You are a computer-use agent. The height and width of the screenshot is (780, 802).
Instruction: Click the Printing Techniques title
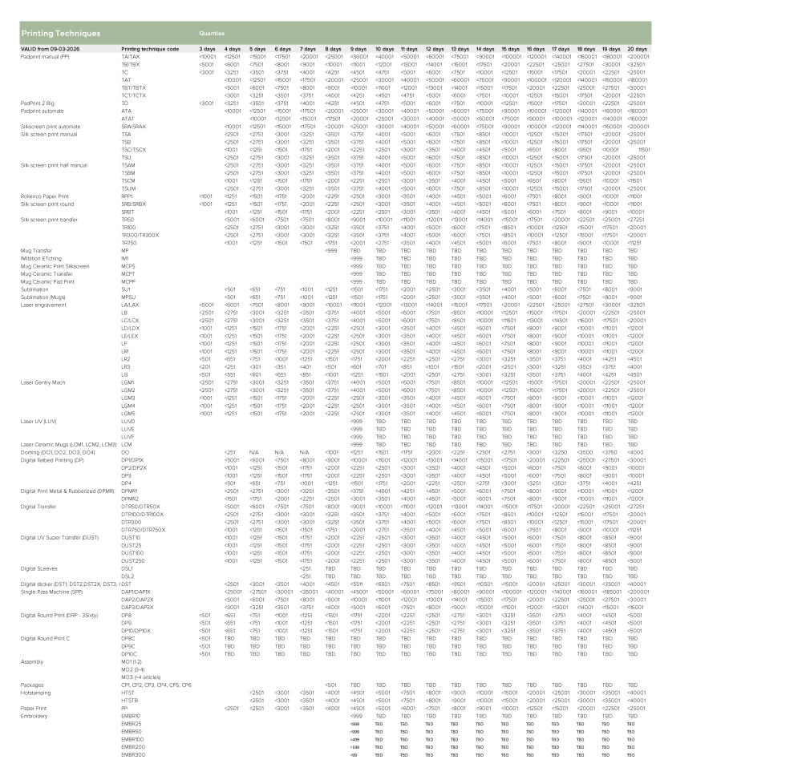tap(61, 34)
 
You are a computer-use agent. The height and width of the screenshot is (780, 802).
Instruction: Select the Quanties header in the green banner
tap(212, 34)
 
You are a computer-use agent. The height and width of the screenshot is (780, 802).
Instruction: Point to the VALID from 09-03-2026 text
tap(53, 50)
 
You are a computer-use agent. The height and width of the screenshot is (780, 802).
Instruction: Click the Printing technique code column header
tap(150, 50)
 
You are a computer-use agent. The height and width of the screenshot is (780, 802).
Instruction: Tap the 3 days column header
tap(207, 50)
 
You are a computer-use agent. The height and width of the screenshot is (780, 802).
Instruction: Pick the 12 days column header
tap(435, 50)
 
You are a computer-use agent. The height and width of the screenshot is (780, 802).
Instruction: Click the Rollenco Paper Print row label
tap(45, 195)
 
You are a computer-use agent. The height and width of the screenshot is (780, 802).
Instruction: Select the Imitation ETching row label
tap(39, 259)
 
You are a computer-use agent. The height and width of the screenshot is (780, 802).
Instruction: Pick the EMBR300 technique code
tap(133, 754)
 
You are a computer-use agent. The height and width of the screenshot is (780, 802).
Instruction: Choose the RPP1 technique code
tap(127, 195)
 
